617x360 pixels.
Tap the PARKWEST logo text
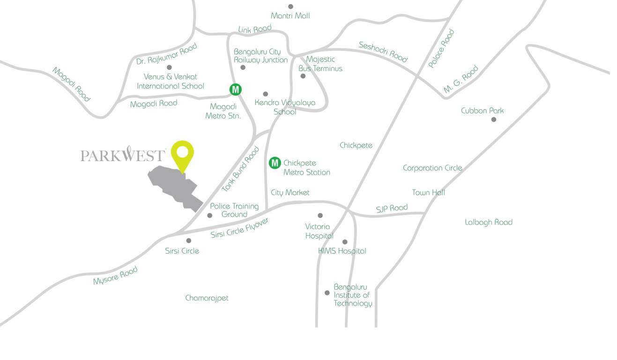coord(123,155)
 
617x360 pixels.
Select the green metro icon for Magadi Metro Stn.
coord(235,89)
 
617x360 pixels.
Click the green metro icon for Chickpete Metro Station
coord(275,163)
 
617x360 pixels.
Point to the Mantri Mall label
coord(290,16)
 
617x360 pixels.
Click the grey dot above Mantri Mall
coord(290,7)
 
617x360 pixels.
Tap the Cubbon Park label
coord(482,111)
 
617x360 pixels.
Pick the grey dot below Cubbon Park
coord(493,120)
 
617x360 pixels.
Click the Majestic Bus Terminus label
coord(320,64)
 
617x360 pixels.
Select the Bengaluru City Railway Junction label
coord(260,56)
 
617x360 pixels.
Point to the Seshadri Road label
coord(383,52)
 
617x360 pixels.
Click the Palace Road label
coord(441,48)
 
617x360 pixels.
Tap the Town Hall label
coord(428,193)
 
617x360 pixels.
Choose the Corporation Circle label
coord(432,168)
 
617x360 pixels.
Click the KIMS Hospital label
coord(342,251)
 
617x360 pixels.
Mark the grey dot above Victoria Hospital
coord(320,216)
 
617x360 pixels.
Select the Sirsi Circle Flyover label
coord(239,228)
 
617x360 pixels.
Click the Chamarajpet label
coord(207,298)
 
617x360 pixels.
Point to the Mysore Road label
coord(115,276)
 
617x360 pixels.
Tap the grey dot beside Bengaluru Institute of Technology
coord(327,293)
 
